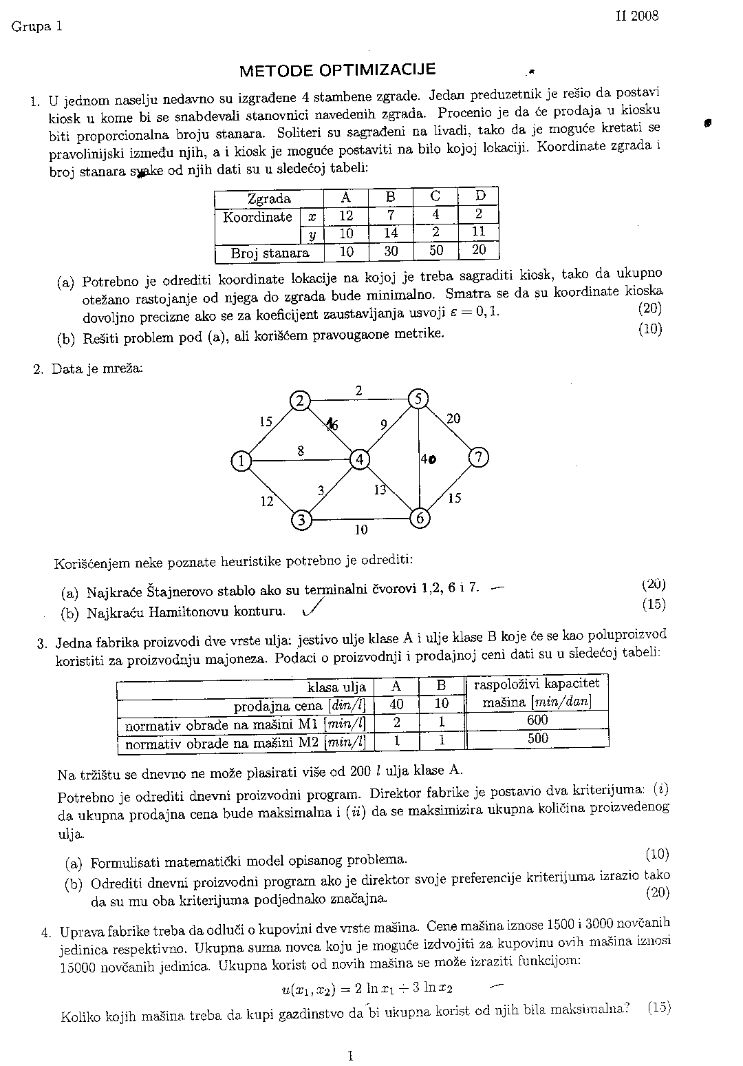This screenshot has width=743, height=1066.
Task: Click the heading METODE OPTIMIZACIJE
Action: click(x=337, y=70)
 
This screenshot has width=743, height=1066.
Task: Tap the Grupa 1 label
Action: click(x=36, y=27)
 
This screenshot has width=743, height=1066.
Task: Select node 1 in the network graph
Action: click(x=241, y=461)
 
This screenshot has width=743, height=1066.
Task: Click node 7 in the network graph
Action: click(x=479, y=457)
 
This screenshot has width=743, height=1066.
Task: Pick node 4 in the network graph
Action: click(x=359, y=459)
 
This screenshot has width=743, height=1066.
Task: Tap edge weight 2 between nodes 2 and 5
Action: click(x=358, y=390)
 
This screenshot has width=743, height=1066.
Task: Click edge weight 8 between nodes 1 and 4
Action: click(x=301, y=451)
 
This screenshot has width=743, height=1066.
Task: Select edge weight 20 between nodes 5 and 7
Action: click(x=453, y=418)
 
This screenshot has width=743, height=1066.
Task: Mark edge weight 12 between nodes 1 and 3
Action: click(x=267, y=501)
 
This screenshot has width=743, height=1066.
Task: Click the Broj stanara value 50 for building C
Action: click(x=436, y=251)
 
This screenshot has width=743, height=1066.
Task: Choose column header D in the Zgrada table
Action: click(x=480, y=196)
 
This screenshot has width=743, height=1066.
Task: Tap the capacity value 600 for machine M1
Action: click(x=537, y=720)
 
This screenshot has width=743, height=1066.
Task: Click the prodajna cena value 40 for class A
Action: click(x=396, y=704)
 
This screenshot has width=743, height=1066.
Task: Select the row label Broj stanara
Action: click(x=270, y=253)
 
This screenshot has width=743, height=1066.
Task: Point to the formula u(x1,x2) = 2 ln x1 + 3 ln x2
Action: click(x=367, y=989)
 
